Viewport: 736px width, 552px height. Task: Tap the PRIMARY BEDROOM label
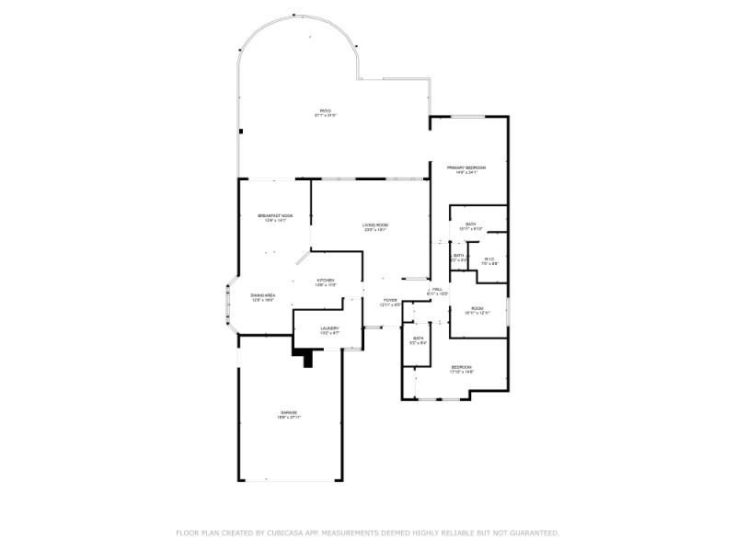[466, 167]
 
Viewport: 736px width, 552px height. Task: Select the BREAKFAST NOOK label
[276, 215]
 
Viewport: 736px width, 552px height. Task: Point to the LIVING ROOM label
[374, 224]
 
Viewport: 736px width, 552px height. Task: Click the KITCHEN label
[326, 281]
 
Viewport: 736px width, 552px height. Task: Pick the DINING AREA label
[264, 294]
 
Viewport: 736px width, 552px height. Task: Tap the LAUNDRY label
[329, 328]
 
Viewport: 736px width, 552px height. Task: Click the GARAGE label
[289, 412]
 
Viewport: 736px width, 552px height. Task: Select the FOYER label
[390, 300]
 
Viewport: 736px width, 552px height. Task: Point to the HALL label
[438, 289]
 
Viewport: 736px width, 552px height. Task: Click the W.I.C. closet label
[489, 259]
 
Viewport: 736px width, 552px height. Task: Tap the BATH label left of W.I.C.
[458, 256]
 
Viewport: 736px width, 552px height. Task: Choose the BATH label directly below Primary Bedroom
[470, 224]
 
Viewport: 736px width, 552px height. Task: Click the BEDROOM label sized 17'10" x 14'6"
[461, 366]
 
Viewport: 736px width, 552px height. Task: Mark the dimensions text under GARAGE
[289, 418]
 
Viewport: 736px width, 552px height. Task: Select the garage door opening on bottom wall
[290, 480]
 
